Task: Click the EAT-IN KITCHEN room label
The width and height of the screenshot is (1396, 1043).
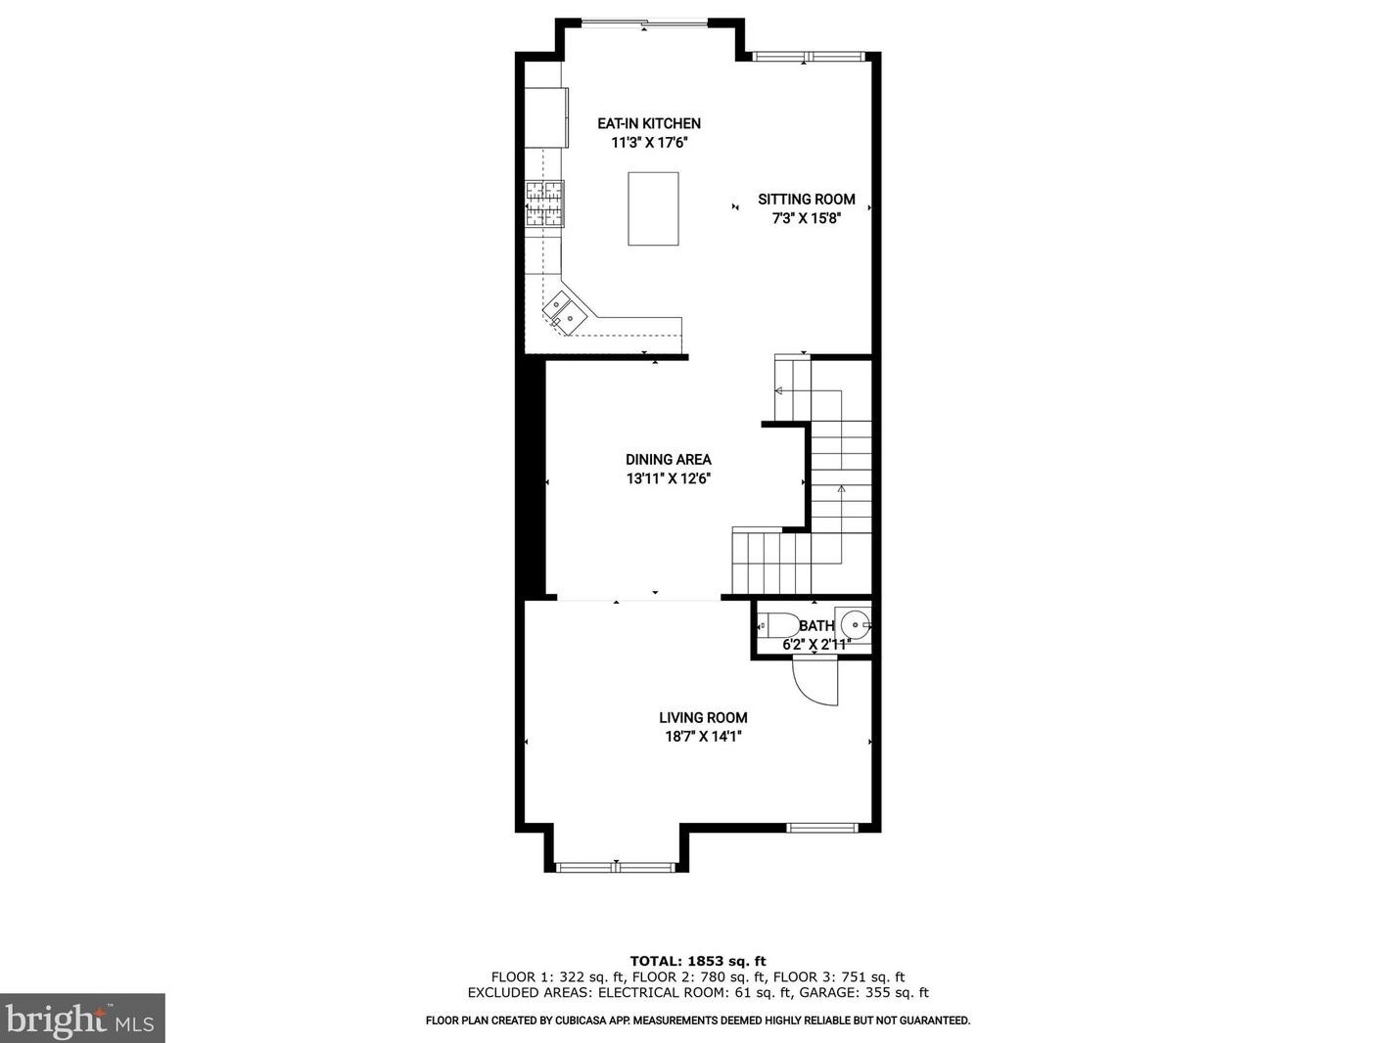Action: point(649,123)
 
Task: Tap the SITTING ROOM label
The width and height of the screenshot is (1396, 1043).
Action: point(806,200)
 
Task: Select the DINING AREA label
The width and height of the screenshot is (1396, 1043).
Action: point(668,460)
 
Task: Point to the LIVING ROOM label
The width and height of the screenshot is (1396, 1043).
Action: point(703,718)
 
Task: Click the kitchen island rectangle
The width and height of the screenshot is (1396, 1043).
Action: point(653,208)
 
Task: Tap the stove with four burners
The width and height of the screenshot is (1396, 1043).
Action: point(545,204)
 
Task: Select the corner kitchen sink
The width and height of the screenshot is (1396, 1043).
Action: point(565,311)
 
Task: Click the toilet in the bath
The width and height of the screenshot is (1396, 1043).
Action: point(777,624)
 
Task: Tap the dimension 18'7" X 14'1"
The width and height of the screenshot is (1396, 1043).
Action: point(703,737)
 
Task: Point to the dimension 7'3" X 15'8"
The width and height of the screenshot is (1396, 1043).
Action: point(806,218)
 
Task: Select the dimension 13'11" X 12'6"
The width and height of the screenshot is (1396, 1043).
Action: point(668,478)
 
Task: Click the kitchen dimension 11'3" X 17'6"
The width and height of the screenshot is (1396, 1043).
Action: point(649,143)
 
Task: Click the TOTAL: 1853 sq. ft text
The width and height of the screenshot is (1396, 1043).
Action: point(697,961)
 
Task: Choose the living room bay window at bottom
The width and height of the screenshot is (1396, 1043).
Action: point(615,866)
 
